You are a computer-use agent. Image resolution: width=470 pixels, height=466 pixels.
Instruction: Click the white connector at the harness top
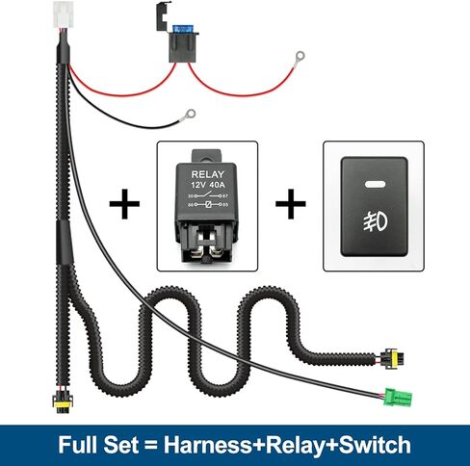[64, 14]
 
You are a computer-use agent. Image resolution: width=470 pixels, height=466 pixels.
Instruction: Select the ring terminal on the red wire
[299, 58]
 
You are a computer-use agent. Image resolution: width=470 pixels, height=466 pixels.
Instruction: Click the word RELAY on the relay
[207, 174]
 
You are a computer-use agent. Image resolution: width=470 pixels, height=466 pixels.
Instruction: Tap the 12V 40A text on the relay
[208, 185]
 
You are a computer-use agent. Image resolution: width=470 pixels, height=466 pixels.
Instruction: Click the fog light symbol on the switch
[376, 221]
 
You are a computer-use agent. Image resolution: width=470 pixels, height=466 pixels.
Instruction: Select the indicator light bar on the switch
[375, 184]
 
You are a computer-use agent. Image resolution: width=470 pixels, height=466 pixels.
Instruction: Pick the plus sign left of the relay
[124, 204]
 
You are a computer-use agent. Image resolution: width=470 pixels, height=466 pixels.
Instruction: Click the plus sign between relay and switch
[291, 204]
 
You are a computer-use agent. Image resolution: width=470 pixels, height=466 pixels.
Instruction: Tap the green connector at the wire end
[398, 397]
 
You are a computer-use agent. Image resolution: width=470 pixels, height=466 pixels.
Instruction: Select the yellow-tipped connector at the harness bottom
[63, 403]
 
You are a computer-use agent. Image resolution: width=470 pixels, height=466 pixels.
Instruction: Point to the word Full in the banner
[78, 445]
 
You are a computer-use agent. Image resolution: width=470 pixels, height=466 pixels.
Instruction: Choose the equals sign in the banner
[151, 446]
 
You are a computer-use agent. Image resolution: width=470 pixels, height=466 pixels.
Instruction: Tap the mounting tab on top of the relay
[206, 156]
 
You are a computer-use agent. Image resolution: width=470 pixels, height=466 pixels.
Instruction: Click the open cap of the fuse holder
[164, 16]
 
